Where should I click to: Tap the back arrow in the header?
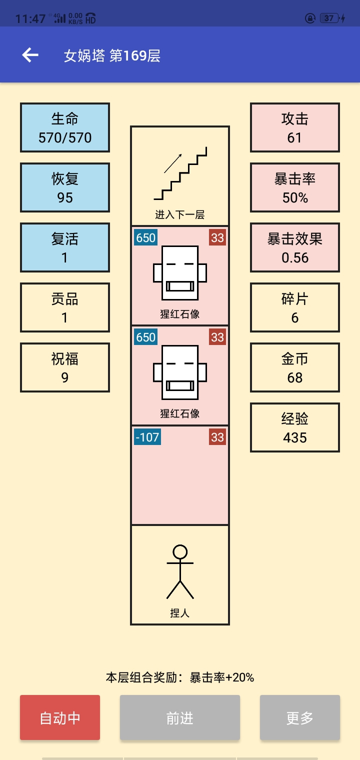point(30,55)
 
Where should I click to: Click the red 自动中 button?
point(60,717)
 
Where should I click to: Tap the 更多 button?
point(299,717)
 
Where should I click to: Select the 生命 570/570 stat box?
point(65,127)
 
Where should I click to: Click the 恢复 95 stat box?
point(65,187)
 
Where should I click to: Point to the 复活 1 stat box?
point(65,247)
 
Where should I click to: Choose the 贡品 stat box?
point(65,307)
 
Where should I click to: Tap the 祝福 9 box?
point(65,367)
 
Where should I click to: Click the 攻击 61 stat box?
point(295,127)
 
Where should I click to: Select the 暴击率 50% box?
point(295,187)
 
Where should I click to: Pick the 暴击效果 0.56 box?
point(295,247)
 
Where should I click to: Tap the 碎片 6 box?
point(295,307)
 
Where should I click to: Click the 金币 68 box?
point(295,367)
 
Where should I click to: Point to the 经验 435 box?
point(295,427)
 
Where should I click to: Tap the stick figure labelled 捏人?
point(180,571)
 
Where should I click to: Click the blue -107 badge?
point(147,437)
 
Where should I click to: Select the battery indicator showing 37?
point(329,18)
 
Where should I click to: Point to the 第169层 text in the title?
point(135,55)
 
